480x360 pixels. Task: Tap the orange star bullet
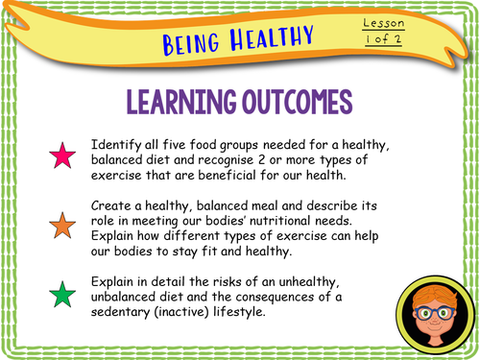[63, 227]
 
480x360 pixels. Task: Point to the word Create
[112, 205]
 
